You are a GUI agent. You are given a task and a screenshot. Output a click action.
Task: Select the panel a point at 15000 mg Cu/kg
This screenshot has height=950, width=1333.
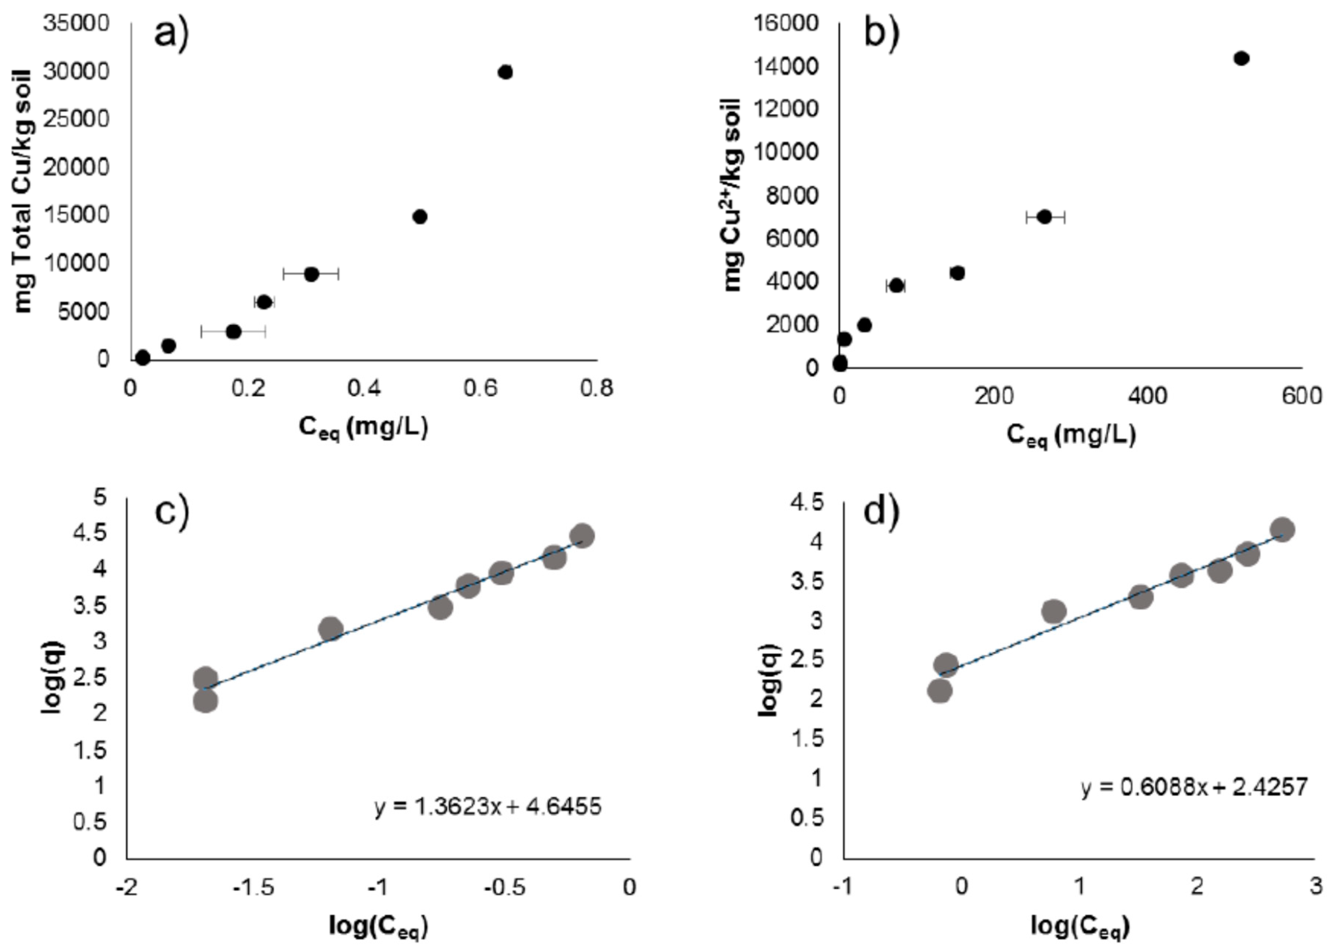420,217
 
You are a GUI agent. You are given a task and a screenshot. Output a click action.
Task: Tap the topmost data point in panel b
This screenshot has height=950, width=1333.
1241,58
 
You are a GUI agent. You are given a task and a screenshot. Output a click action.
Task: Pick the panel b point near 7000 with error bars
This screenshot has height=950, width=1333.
1045,217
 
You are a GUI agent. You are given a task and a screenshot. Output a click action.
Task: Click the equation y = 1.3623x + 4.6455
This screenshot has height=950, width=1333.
487,807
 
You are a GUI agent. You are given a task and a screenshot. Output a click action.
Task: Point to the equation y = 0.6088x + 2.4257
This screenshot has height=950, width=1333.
1194,787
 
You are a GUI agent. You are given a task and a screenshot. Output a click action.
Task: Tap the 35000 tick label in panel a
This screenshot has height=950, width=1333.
77,23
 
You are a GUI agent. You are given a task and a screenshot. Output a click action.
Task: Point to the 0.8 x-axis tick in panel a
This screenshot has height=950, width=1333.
596,388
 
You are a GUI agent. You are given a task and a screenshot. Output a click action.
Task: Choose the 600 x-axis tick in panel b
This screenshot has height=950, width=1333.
1301,396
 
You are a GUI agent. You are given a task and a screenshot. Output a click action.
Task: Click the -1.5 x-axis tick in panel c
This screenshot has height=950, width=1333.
253,887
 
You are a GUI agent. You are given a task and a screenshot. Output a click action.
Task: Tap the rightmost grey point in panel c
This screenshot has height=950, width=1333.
582,535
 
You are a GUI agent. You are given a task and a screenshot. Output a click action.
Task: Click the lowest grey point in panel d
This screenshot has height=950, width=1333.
940,691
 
